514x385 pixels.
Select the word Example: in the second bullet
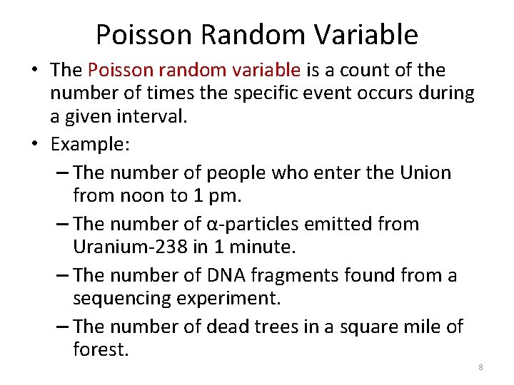[90, 144]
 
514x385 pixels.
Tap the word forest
[101, 349]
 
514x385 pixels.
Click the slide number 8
[480, 367]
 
